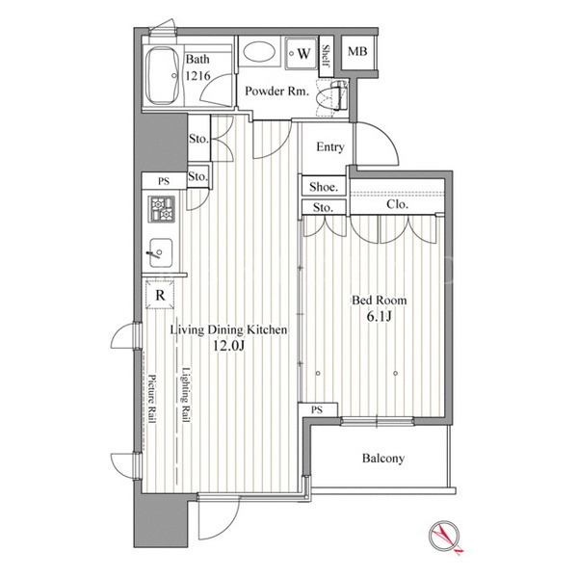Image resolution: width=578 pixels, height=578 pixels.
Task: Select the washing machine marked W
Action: pyautogui.click(x=301, y=53)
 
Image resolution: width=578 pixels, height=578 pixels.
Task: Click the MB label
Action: pyautogui.click(x=357, y=51)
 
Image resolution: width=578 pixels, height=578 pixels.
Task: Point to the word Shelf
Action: pyautogui.click(x=326, y=56)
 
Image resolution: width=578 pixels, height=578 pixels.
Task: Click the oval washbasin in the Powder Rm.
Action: pyautogui.click(x=259, y=53)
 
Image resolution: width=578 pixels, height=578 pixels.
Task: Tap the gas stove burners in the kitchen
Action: pyautogui.click(x=162, y=209)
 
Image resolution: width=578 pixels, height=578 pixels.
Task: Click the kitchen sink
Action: pyautogui.click(x=161, y=252)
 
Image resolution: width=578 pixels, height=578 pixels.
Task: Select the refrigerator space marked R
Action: pyautogui.click(x=160, y=294)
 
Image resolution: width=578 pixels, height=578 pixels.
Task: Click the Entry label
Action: pyautogui.click(x=329, y=147)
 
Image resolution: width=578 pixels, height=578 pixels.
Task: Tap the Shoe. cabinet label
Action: pyautogui.click(x=324, y=187)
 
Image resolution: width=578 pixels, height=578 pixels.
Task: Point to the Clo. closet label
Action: pyautogui.click(x=397, y=204)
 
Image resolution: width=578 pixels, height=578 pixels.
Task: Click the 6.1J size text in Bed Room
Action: pyautogui.click(x=379, y=316)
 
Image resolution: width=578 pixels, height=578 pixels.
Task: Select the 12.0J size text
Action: pyautogui.click(x=228, y=346)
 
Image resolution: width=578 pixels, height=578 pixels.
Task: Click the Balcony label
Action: pyautogui.click(x=383, y=459)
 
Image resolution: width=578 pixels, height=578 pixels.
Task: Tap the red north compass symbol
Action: pyautogui.click(x=445, y=537)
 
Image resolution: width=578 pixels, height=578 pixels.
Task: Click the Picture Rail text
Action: pyautogui.click(x=152, y=399)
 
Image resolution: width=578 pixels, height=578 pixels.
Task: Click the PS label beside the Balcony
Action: pyautogui.click(x=317, y=409)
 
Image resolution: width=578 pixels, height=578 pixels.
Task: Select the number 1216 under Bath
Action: pyautogui.click(x=197, y=75)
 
